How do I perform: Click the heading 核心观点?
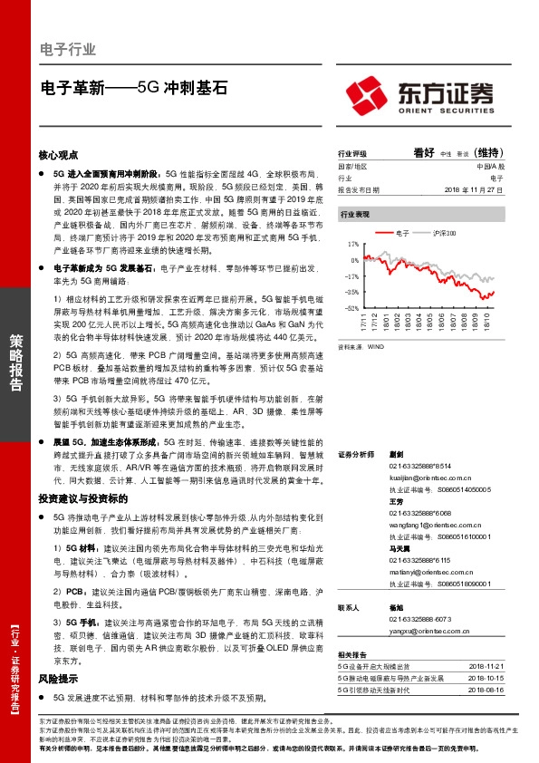59,155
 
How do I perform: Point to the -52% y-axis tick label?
351,308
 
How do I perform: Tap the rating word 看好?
424,153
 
